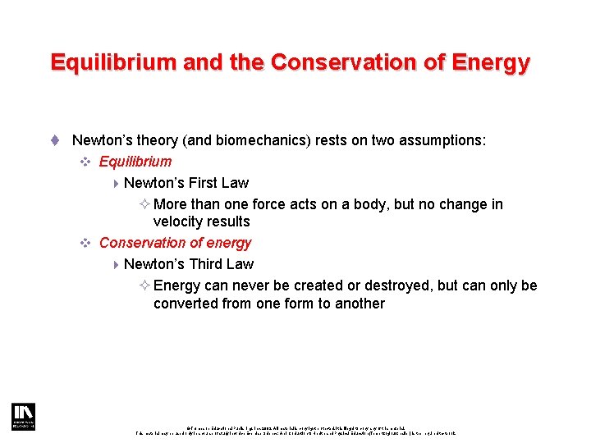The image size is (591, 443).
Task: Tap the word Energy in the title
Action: (x=492, y=62)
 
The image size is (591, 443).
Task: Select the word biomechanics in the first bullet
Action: (x=259, y=141)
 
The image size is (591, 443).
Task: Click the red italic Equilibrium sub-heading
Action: (x=135, y=162)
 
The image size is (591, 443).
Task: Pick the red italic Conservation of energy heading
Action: (x=175, y=243)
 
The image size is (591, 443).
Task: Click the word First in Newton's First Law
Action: (x=204, y=183)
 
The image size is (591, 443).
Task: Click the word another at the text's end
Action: (x=359, y=304)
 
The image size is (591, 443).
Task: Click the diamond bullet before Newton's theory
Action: (x=55, y=141)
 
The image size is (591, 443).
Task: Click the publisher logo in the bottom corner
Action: (x=22, y=416)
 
